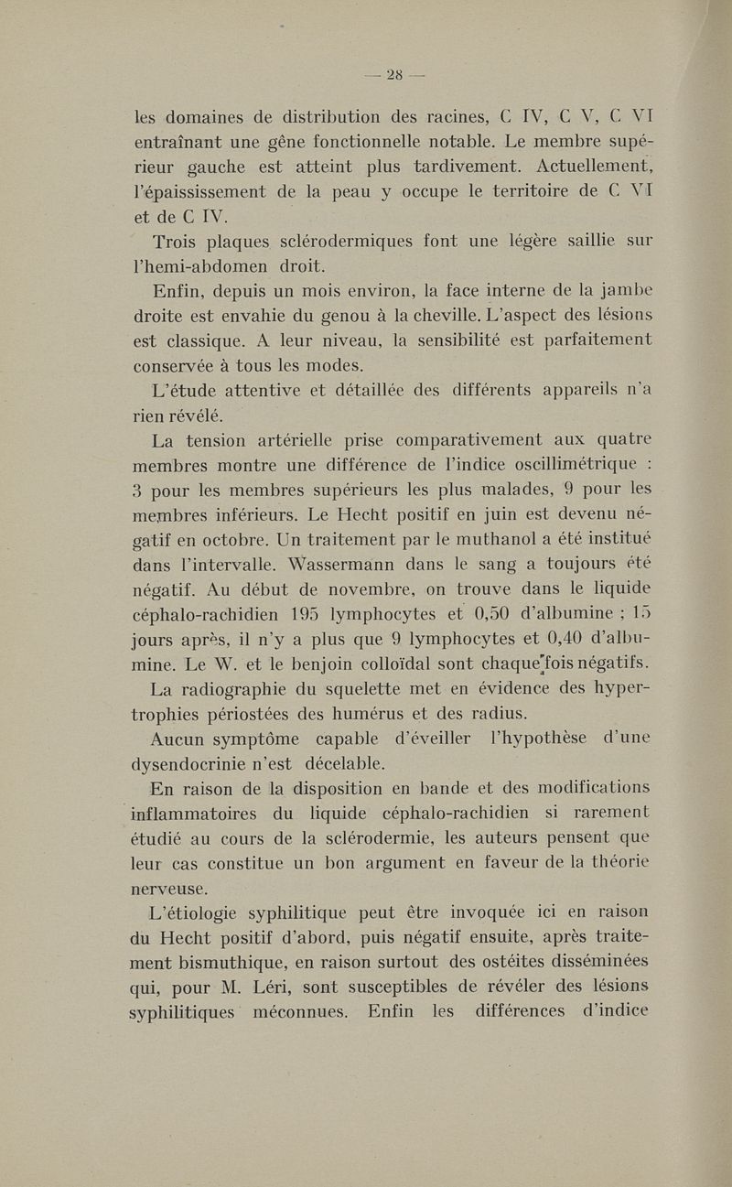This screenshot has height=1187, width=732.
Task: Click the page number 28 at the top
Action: tap(395, 75)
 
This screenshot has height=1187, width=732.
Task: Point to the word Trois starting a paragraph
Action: tap(179, 242)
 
